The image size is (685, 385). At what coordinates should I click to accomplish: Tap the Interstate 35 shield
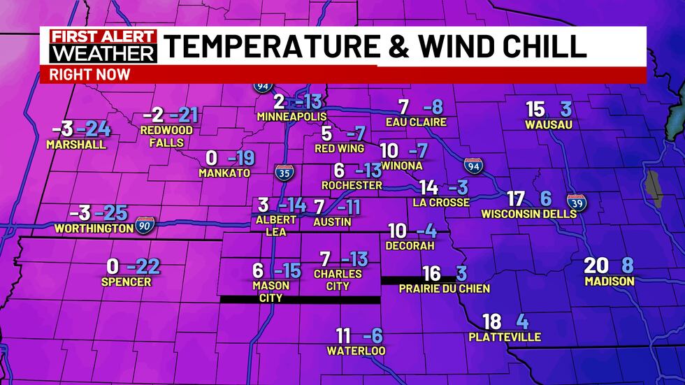pos(283,173)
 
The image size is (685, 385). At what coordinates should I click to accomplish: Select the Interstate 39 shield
pos(576,203)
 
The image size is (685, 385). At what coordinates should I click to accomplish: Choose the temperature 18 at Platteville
pos(492,321)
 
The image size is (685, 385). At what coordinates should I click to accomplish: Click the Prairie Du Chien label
pos(444,288)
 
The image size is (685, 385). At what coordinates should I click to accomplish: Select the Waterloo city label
pos(356,350)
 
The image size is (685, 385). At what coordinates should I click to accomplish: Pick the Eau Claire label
pos(416,122)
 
